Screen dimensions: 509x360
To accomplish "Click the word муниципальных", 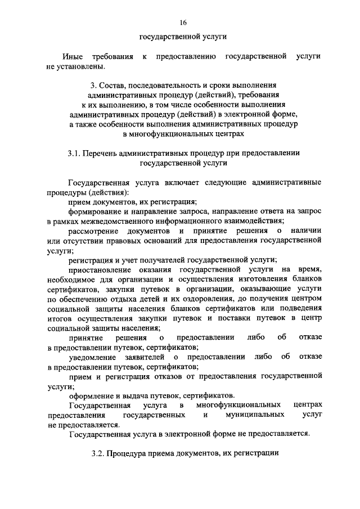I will [251, 415].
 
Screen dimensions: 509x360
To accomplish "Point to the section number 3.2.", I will [98, 453].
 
